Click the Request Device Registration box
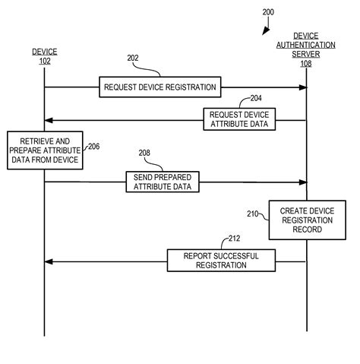(160, 87)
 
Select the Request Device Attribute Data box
(240, 119)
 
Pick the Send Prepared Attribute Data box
(163, 182)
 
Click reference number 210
(252, 214)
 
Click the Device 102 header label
(44, 56)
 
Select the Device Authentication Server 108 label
(307, 49)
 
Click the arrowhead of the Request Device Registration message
(303, 87)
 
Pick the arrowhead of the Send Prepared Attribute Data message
(303, 182)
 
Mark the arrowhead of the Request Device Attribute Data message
(49, 119)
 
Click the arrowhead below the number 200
(264, 31)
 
